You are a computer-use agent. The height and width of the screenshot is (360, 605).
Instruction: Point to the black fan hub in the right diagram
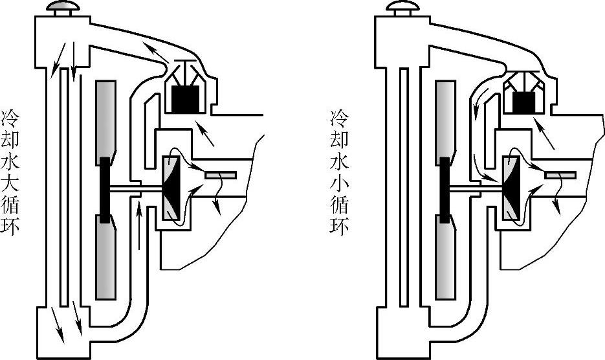[x=444, y=188]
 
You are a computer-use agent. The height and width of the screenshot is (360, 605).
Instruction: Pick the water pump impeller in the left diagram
[x=171, y=188]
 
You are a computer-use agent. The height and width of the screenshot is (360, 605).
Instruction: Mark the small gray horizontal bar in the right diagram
[x=560, y=175]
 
